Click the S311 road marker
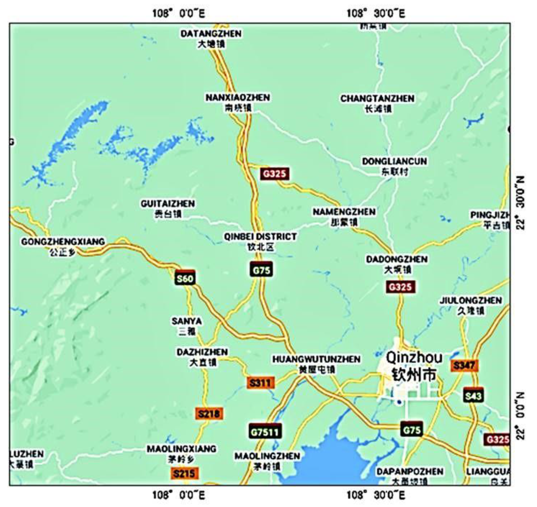(x=260, y=383)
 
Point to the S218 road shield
(x=209, y=414)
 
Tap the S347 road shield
(x=464, y=366)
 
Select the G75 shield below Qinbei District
(x=261, y=270)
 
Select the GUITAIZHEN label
(x=168, y=204)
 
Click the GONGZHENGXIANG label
(x=63, y=242)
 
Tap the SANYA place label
(x=187, y=321)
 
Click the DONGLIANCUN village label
(x=395, y=162)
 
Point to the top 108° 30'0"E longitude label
(x=376, y=13)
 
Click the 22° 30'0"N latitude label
(x=521, y=203)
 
